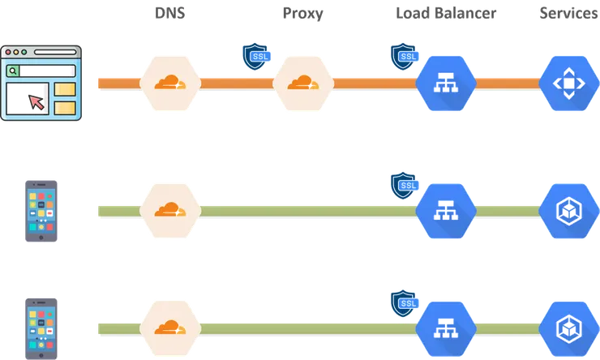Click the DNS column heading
pyautogui.click(x=170, y=14)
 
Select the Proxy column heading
pyautogui.click(x=303, y=14)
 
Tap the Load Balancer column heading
pyautogui.click(x=446, y=14)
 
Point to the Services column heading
pyautogui.click(x=569, y=14)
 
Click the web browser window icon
pyautogui.click(x=42, y=82)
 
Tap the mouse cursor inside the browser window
pyautogui.click(x=35, y=101)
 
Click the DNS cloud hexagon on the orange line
pyautogui.click(x=170, y=82)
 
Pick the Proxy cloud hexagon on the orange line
pyautogui.click(x=303, y=82)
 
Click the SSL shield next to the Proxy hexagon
pyautogui.click(x=256, y=56)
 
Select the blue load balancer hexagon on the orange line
pyautogui.click(x=445, y=82)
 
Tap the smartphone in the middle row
pyautogui.click(x=42, y=210)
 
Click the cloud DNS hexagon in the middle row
pyautogui.click(x=170, y=210)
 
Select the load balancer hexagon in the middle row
pyautogui.click(x=445, y=210)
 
